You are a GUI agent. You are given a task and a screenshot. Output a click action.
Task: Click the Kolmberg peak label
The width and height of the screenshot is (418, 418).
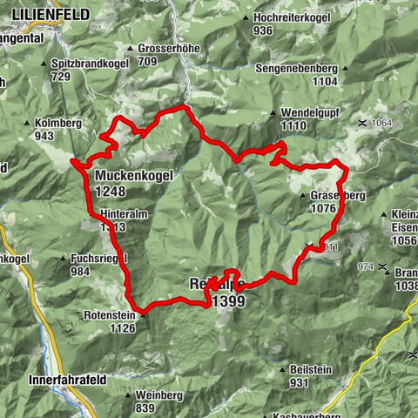click(59, 124)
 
